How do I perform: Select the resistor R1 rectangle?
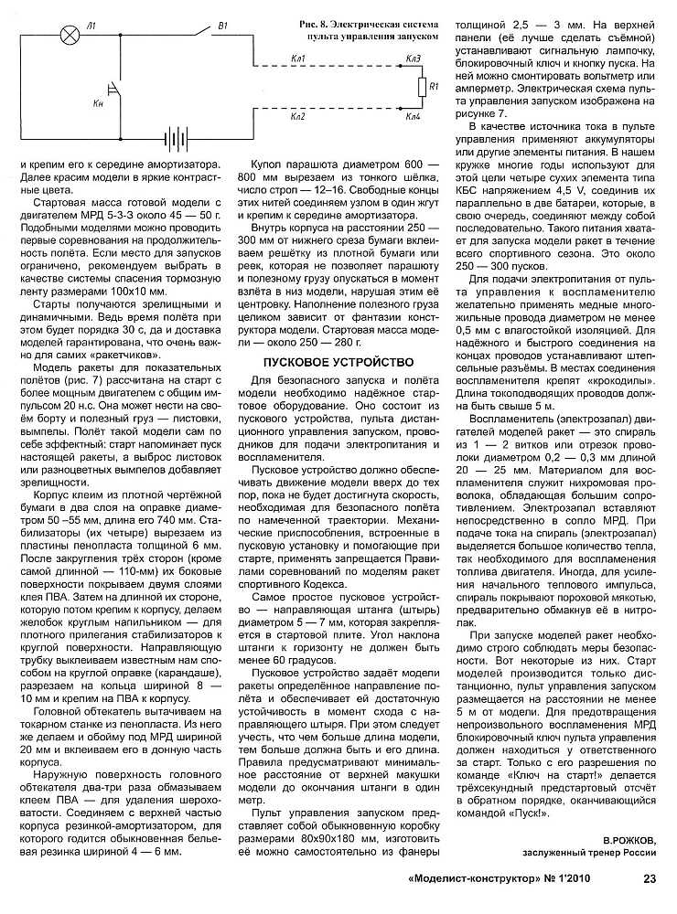pyautogui.click(x=422, y=87)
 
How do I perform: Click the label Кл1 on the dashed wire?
pyautogui.click(x=297, y=58)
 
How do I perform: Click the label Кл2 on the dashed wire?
pyautogui.click(x=297, y=118)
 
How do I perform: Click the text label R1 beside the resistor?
pyautogui.click(x=435, y=87)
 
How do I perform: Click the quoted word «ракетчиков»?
pyautogui.click(x=128, y=354)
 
